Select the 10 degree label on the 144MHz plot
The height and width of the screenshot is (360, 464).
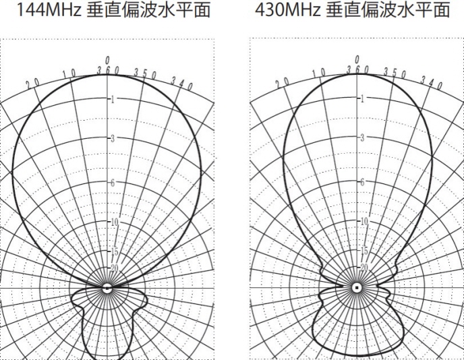click(69, 73)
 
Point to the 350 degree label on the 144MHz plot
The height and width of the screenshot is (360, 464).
click(144, 72)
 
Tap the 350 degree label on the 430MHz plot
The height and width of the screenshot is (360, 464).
click(393, 72)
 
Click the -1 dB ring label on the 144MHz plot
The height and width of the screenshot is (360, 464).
click(111, 99)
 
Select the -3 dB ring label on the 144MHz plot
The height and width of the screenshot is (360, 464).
click(111, 138)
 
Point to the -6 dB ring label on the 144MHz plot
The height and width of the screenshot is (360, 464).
click(111, 183)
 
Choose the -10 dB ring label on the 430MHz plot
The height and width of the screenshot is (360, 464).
click(364, 222)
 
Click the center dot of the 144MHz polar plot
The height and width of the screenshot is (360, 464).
click(107, 287)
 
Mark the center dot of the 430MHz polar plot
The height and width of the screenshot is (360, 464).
click(357, 287)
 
